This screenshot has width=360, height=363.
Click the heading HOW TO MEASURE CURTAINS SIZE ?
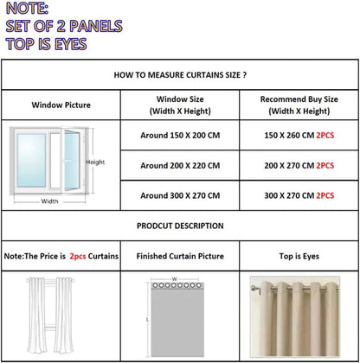click(180, 75)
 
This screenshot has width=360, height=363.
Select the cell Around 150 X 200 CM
click(179, 137)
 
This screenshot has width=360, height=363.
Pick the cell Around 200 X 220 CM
click(179, 165)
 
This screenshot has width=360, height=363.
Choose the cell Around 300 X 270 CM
click(179, 196)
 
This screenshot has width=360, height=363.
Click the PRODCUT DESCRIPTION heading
click(180, 226)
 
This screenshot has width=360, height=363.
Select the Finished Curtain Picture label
click(179, 257)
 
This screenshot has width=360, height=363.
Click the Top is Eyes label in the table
click(298, 257)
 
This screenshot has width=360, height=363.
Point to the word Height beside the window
click(95, 162)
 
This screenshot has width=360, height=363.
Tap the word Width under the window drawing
click(50, 201)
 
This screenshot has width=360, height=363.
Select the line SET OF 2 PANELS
click(63, 26)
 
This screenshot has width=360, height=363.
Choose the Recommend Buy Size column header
click(298, 105)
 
